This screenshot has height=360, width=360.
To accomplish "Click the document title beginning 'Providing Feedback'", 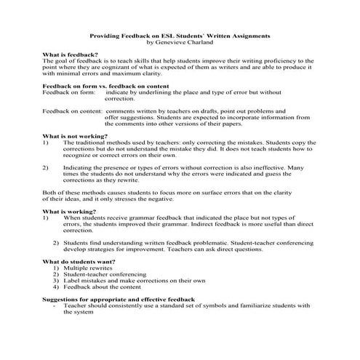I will point(179,35).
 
